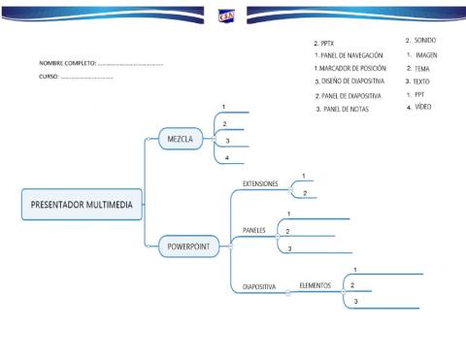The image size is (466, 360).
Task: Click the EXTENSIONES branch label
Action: point(259,182)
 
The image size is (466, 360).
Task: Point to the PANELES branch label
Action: point(253,231)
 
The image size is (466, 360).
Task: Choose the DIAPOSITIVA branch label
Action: point(259,287)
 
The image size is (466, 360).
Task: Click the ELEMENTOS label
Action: point(316,286)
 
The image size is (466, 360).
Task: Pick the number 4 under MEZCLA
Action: point(226,157)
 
